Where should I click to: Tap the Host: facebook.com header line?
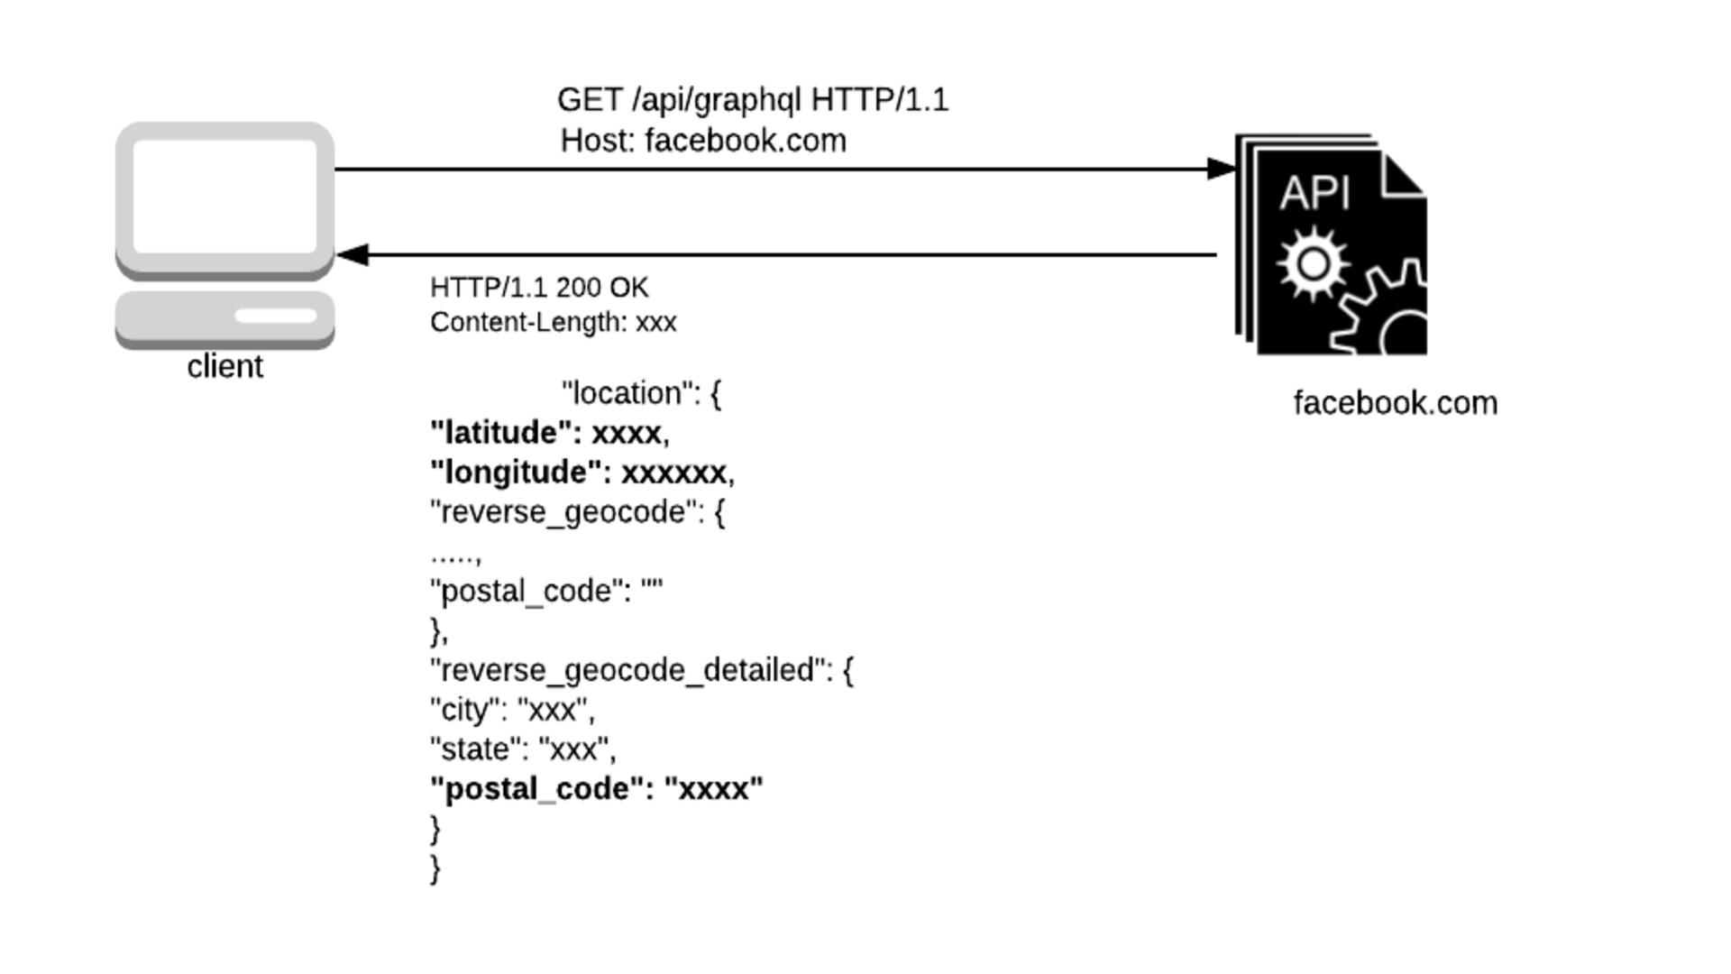tap(703, 142)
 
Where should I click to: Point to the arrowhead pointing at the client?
tap(352, 255)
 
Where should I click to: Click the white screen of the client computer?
tap(224, 196)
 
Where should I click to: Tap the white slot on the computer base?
tap(275, 316)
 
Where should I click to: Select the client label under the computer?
tap(224, 367)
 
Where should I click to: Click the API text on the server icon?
tap(1314, 193)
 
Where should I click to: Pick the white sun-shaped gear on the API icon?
tap(1313, 264)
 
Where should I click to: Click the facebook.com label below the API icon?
tap(1395, 403)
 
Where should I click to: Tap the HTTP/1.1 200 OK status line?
tap(539, 288)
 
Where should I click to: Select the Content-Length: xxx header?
tap(553, 323)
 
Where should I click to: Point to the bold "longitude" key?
tap(517, 473)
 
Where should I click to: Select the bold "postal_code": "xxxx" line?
tap(597, 789)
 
